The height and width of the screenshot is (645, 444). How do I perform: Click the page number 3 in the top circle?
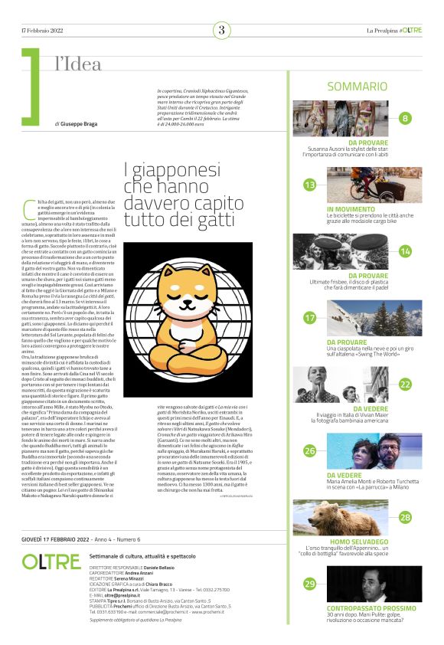coord(221,31)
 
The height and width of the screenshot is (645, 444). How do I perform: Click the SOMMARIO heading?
coord(357,87)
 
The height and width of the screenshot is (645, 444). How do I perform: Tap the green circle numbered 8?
coord(405,118)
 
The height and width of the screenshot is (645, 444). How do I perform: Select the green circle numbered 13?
coord(309,185)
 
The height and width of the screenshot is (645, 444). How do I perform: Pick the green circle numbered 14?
coord(405,251)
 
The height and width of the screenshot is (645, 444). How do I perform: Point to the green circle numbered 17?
coord(309,317)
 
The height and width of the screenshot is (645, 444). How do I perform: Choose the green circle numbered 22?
coord(405,384)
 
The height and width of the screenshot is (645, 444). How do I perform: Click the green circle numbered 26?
coord(309,450)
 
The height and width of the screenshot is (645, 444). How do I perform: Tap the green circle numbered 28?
coord(405,517)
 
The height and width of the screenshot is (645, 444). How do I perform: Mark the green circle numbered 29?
coord(309,584)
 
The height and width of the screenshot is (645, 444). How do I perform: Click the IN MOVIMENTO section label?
coord(351,209)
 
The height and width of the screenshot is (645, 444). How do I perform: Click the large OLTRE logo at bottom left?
coord(51,562)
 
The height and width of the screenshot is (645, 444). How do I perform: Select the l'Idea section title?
coord(78,65)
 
